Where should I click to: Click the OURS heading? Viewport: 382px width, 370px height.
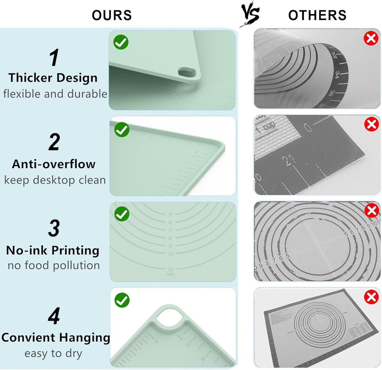[x=112, y=15]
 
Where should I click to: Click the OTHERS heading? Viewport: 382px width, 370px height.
[x=317, y=15]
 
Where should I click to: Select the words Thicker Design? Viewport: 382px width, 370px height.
[x=53, y=78]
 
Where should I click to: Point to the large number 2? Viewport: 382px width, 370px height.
[x=54, y=142]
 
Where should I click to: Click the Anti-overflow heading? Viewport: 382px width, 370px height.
[x=54, y=164]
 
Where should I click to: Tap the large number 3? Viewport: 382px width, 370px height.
[x=54, y=228]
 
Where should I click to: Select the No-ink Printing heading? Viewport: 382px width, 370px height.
[x=53, y=250]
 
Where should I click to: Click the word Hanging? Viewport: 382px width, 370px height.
[x=84, y=338]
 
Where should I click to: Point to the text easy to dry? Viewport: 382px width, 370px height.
[x=53, y=353]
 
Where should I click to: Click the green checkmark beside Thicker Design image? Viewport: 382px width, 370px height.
[x=121, y=42]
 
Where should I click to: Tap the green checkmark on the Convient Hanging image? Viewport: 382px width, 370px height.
[x=122, y=300]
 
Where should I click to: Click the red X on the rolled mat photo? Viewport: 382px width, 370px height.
[x=371, y=39]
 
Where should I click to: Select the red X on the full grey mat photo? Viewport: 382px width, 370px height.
[x=371, y=297]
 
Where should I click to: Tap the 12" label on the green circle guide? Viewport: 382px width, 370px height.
[x=171, y=270]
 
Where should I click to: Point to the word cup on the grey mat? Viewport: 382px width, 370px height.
[x=269, y=125]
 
